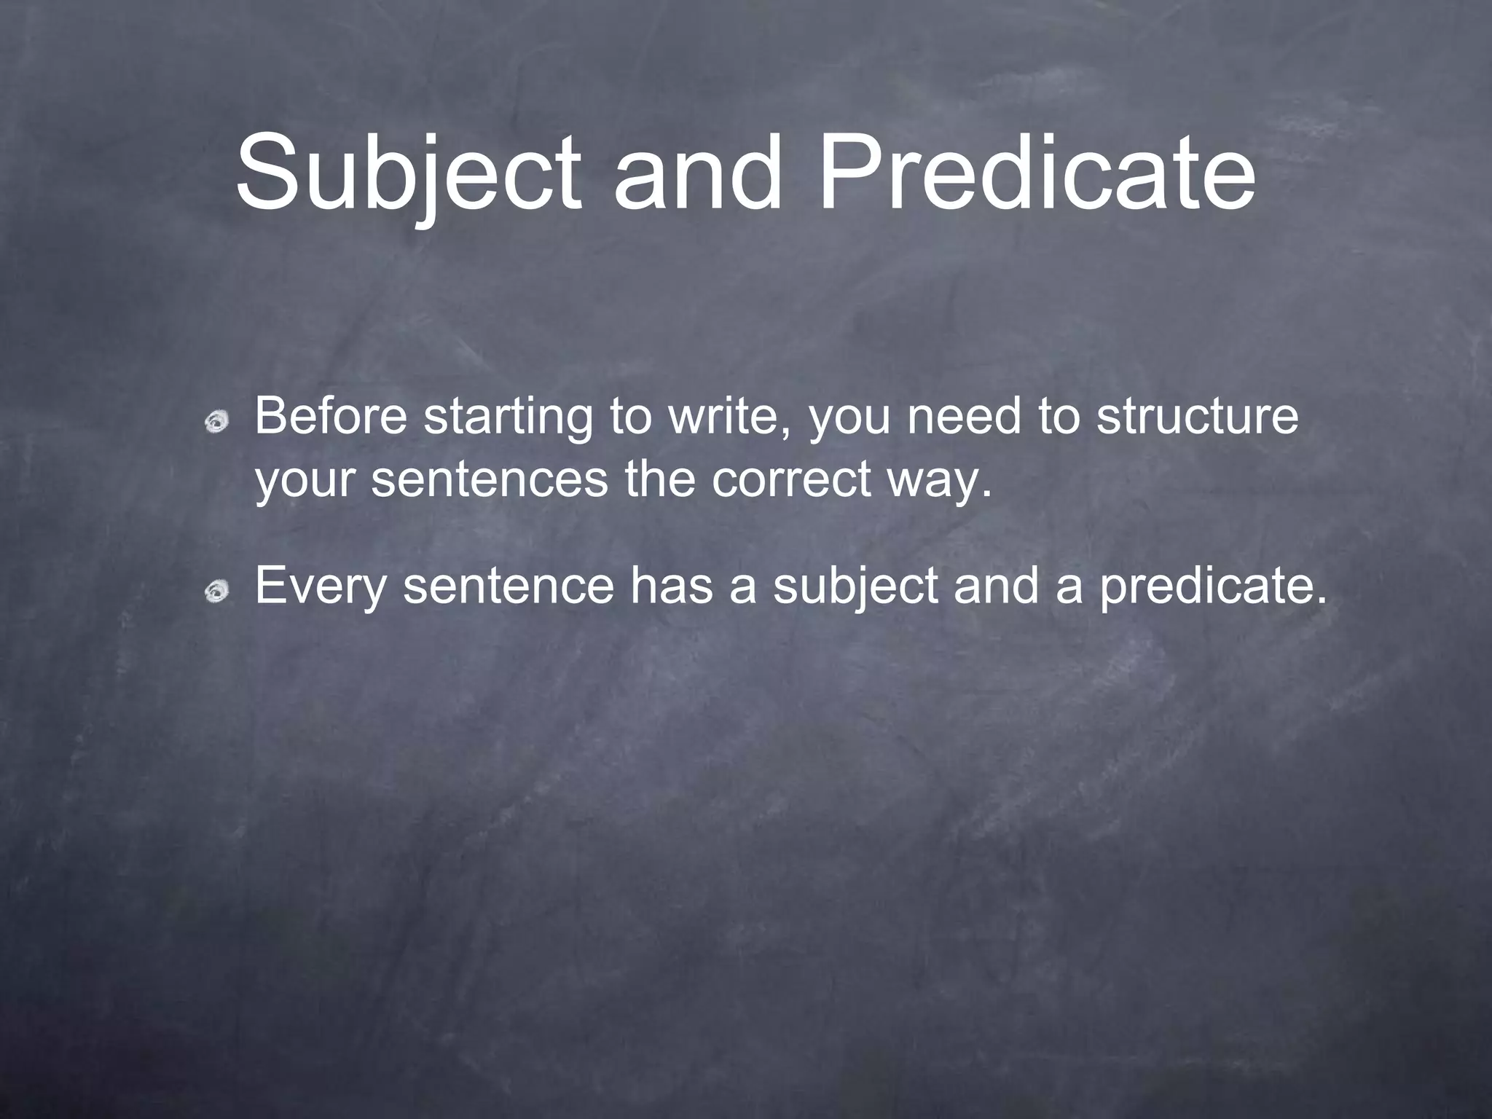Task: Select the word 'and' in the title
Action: tap(697, 173)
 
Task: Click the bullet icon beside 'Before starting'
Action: tap(216, 420)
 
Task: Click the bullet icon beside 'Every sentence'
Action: tap(216, 591)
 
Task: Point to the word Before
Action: tap(330, 417)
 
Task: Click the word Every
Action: tap(320, 587)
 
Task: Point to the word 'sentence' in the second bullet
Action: tap(509, 586)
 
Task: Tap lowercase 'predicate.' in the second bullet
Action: tap(1214, 587)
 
